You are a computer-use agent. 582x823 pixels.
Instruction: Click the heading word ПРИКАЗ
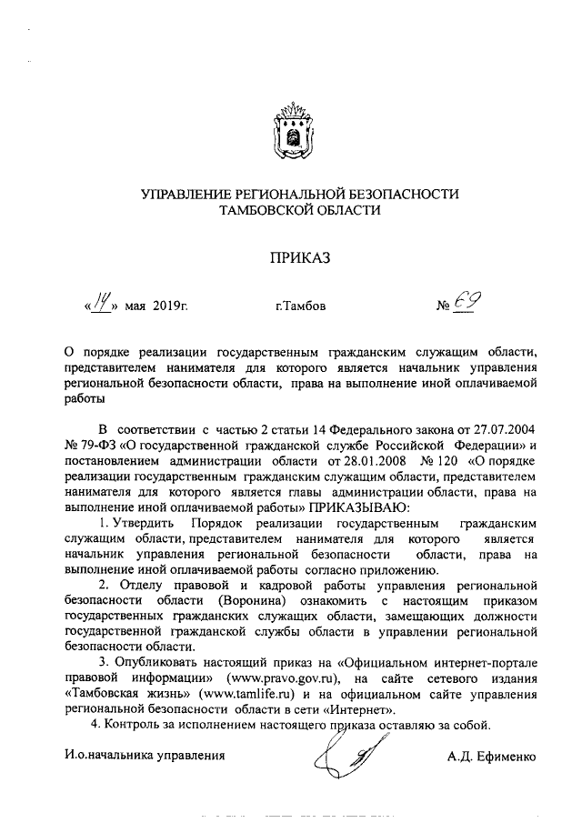click(292, 256)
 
